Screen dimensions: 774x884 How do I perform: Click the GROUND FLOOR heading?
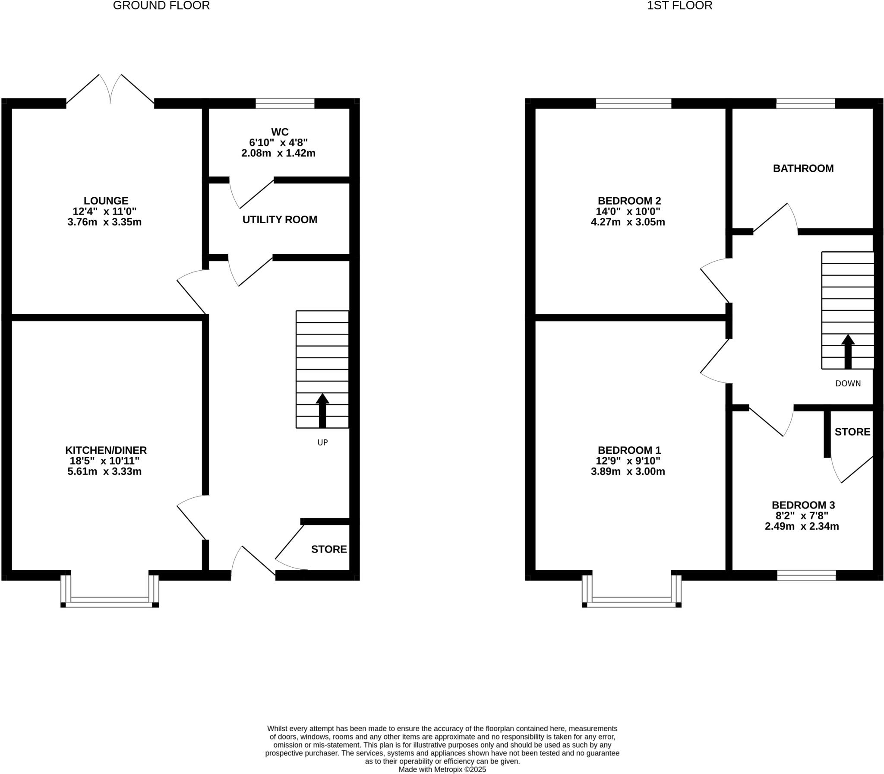click(161, 6)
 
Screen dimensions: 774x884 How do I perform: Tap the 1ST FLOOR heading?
click(679, 6)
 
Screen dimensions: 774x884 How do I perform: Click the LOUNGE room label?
click(106, 200)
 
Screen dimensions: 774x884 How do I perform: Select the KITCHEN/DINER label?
click(106, 450)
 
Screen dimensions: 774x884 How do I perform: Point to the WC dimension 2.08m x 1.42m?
click(278, 153)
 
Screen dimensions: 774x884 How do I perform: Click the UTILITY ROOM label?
click(279, 219)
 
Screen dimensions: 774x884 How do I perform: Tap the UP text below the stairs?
click(322, 442)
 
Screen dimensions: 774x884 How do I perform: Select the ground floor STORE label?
click(328, 549)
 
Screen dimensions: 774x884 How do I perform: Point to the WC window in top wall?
click(284, 104)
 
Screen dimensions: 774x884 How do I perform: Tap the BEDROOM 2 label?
click(629, 200)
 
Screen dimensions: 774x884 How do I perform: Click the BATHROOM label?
click(803, 168)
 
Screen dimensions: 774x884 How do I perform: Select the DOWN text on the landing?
click(847, 383)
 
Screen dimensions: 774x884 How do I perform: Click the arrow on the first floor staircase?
click(847, 351)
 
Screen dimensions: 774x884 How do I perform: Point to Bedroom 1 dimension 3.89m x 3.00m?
click(628, 472)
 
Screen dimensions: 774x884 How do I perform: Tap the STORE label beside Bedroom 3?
click(852, 432)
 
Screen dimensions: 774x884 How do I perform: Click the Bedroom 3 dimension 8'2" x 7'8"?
click(803, 516)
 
